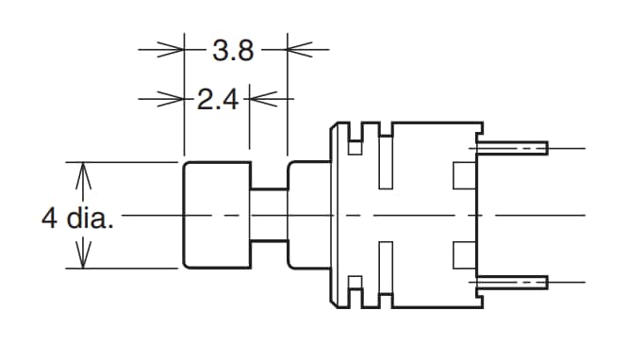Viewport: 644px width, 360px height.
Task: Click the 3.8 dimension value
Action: coord(233,50)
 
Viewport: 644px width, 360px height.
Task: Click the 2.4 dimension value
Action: coord(218,98)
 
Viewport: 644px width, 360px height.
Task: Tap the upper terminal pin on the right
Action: coord(514,148)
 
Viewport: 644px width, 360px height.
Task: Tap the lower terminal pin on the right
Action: coord(514,281)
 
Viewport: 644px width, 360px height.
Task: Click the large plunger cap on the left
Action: coord(216,215)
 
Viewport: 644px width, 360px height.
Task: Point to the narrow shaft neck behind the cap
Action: coord(269,215)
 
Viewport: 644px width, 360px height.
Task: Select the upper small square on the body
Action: coord(464,175)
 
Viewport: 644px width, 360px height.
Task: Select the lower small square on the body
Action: coord(464,254)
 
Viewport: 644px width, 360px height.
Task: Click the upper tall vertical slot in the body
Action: coord(387,160)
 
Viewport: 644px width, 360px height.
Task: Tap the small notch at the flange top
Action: coord(355,147)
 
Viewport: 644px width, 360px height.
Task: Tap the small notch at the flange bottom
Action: coord(355,283)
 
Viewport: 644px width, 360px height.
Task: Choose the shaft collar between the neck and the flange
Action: coord(307,215)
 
